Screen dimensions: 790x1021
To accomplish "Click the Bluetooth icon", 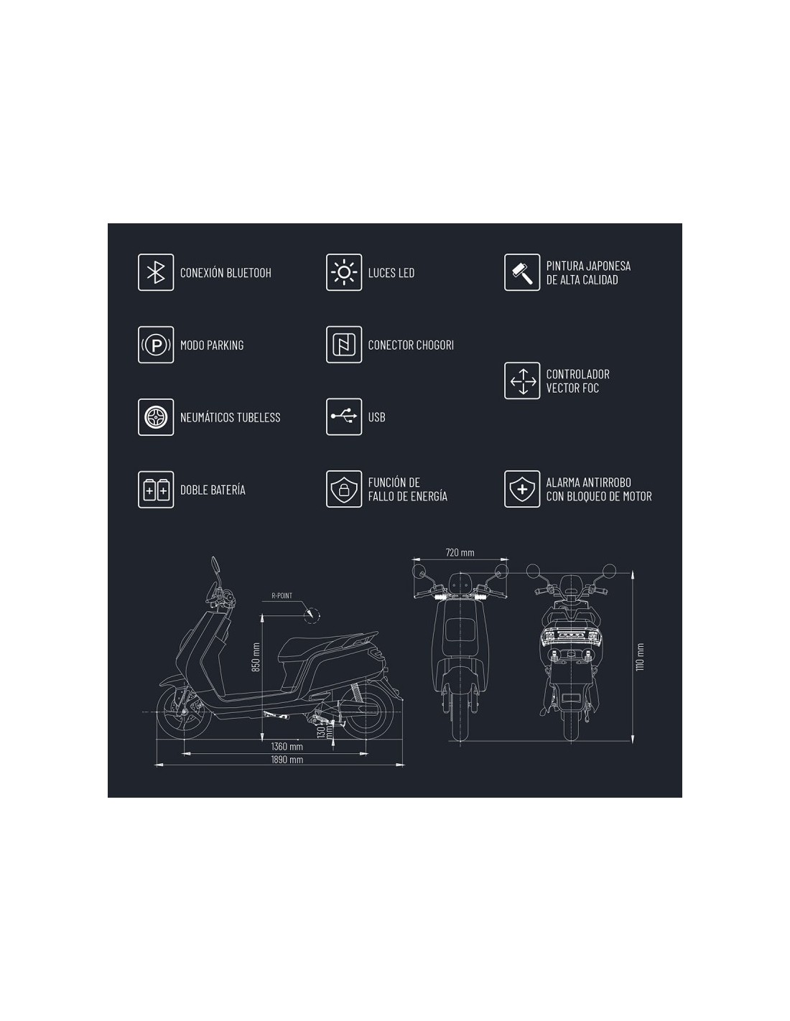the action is click(x=156, y=272).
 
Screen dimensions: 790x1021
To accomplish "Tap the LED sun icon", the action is click(x=344, y=272).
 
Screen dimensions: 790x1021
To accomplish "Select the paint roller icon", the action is click(x=522, y=272).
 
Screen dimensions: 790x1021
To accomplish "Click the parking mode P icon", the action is click(x=156, y=345).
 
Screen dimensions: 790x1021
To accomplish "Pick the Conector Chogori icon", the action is click(x=344, y=345).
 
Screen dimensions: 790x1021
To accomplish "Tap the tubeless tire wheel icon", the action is click(x=156, y=417).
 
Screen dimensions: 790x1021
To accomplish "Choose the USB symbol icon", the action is click(x=344, y=416).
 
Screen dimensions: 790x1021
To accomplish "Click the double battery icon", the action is click(x=156, y=490).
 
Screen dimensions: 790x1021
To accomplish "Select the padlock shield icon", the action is click(x=344, y=489).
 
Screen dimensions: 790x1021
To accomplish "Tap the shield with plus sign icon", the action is click(x=522, y=489).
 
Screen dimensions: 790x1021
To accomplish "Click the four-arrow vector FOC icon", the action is click(x=522, y=381).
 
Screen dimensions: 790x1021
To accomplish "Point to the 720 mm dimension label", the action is click(x=460, y=553).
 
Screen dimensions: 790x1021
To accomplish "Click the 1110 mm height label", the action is click(x=640, y=657).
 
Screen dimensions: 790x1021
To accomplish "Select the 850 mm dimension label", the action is click(x=256, y=657).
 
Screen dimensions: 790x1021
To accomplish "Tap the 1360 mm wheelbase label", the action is click(x=287, y=746).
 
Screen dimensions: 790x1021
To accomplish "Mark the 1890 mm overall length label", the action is click(x=287, y=760).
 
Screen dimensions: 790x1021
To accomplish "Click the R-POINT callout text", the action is click(x=282, y=596).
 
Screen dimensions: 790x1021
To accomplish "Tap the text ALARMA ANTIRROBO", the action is click(x=588, y=482).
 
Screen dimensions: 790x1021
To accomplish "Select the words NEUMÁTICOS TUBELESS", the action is click(x=231, y=417).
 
